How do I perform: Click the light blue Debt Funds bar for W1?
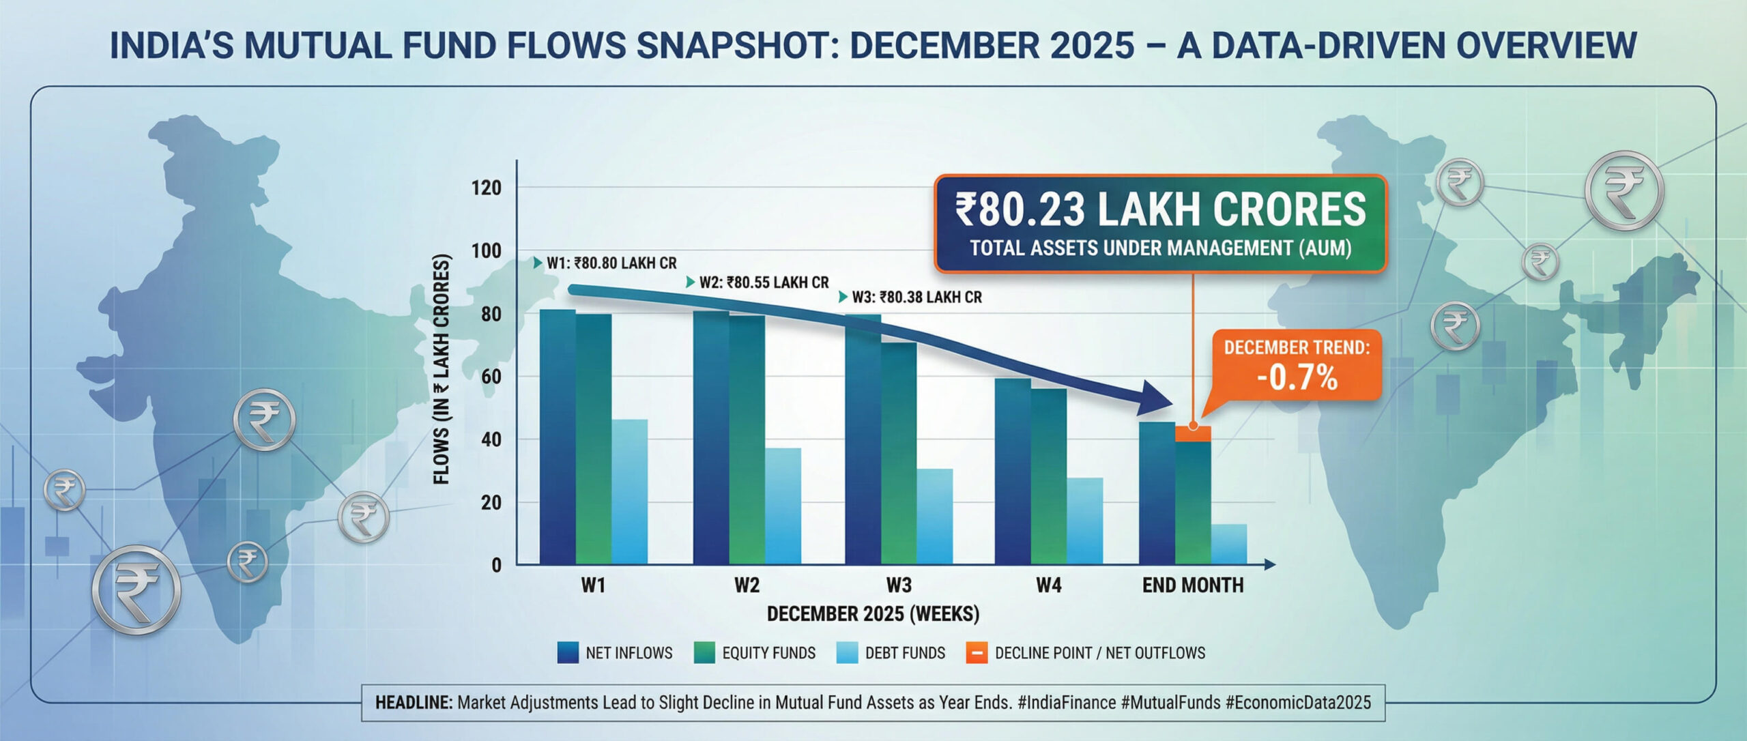pyautogui.click(x=629, y=491)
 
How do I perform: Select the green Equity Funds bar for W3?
pyautogui.click(x=899, y=454)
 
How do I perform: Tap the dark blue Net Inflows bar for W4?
pyautogui.click(x=1012, y=471)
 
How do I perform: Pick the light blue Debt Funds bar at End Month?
pyautogui.click(x=1228, y=544)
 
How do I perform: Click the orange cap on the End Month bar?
pyautogui.click(x=1193, y=434)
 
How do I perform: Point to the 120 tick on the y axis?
pyautogui.click(x=486, y=188)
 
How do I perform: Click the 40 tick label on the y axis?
pyautogui.click(x=491, y=439)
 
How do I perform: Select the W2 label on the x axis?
pyautogui.click(x=747, y=585)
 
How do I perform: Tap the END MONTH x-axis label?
pyautogui.click(x=1192, y=585)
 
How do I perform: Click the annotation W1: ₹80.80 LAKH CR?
pyautogui.click(x=611, y=263)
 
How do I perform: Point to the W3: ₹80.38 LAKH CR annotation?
pyautogui.click(x=916, y=297)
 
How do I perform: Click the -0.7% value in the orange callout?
pyautogui.click(x=1297, y=378)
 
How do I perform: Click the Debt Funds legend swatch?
pyautogui.click(x=847, y=653)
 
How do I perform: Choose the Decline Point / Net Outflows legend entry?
pyautogui.click(x=1099, y=653)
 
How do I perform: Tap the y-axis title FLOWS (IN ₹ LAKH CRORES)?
pyautogui.click(x=442, y=368)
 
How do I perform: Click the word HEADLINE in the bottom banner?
pyautogui.click(x=414, y=703)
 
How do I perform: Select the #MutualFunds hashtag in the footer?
pyautogui.click(x=1170, y=703)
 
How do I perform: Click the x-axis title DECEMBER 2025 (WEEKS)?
pyautogui.click(x=873, y=614)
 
